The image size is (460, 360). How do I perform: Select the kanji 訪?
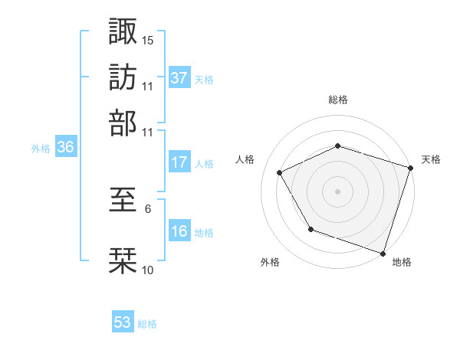[123, 77]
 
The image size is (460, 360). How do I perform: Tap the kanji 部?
[123, 123]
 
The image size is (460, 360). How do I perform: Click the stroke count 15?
[148, 39]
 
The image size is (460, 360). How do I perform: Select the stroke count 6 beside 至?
[148, 208]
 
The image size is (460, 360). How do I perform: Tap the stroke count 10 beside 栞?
[148, 270]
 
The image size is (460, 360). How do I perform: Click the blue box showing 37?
[179, 78]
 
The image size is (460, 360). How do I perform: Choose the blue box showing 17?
[179, 162]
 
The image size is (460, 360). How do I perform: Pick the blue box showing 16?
[179, 231]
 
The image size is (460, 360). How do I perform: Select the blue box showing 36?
[65, 148]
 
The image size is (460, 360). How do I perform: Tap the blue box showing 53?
[123, 323]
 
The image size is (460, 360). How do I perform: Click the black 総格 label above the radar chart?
[337, 100]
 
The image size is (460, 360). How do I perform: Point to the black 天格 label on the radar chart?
[431, 159]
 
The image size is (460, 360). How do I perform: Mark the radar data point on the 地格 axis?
[383, 253]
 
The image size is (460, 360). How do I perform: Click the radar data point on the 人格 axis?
[280, 172]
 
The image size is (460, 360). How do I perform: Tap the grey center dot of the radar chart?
[337, 191]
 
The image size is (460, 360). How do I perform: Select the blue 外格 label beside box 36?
[40, 149]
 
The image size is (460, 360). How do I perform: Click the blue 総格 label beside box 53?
[147, 324]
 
